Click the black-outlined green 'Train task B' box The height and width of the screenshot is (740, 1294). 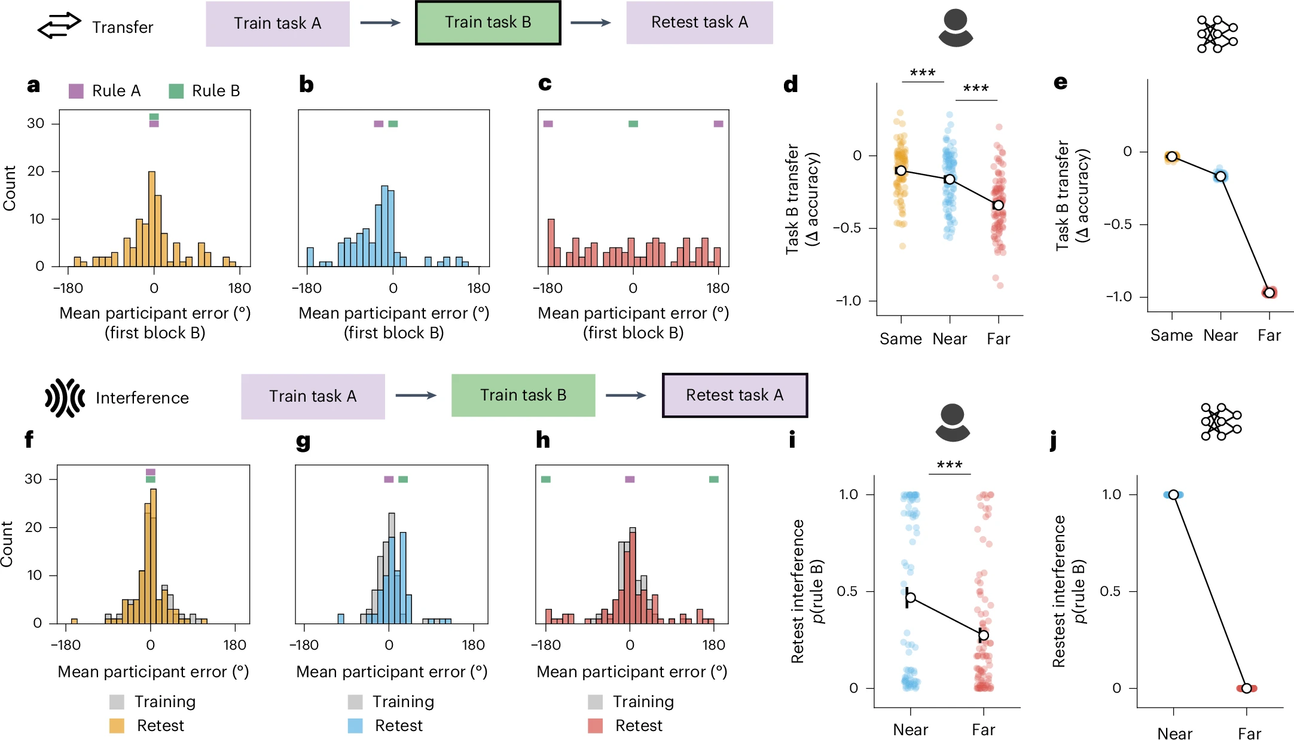[488, 23]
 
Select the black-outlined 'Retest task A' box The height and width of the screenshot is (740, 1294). [735, 395]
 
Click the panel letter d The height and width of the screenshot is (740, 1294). [791, 85]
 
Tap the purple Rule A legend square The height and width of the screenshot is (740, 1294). [76, 91]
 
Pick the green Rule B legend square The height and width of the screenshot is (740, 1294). [176, 91]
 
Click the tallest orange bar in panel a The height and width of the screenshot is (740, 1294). [151, 219]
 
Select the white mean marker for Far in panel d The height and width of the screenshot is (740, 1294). [998, 205]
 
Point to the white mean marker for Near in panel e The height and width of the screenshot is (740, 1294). [1220, 176]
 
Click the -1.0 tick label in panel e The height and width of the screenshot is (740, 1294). [1118, 296]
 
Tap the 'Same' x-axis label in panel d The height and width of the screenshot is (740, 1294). [901, 339]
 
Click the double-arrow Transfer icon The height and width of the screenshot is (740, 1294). [59, 25]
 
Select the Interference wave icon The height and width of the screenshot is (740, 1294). [65, 397]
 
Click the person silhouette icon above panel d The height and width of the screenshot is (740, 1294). [956, 28]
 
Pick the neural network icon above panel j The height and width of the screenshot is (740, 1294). [1220, 421]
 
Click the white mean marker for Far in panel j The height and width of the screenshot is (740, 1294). [1246, 688]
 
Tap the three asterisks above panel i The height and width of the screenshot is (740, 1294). [949, 465]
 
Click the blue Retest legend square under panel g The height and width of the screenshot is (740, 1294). [355, 726]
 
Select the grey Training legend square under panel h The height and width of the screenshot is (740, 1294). [595, 702]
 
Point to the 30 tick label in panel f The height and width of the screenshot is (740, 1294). [33, 479]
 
